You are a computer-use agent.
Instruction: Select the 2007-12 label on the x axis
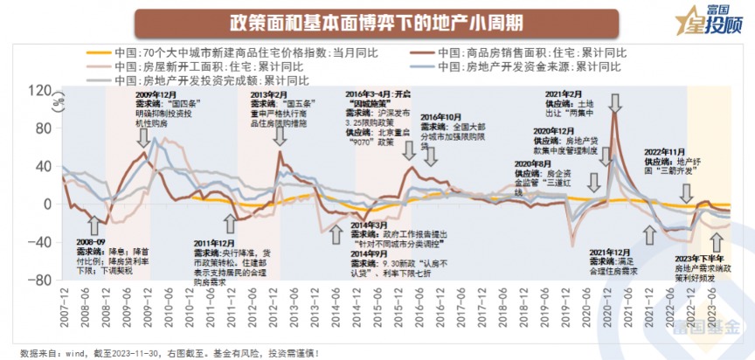(62, 311)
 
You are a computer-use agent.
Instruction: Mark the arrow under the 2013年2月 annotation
(279, 139)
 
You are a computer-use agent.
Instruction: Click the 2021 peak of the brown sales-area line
(615, 114)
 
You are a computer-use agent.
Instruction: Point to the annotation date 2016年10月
(443, 116)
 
